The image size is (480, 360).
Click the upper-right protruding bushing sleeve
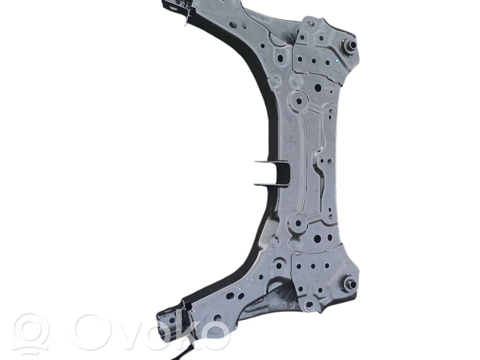tap(350, 46)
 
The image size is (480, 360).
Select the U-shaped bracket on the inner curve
tap(272, 173)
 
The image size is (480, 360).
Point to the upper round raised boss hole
tap(298, 101)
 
